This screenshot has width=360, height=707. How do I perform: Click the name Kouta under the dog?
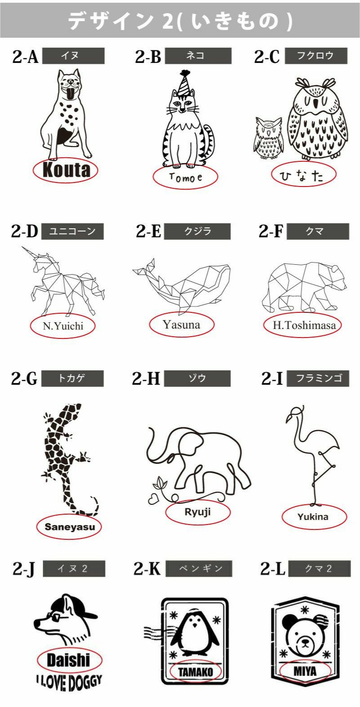[66, 170]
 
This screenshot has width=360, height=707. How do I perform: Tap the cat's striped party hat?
[183, 83]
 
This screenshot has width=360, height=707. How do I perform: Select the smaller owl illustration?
[268, 138]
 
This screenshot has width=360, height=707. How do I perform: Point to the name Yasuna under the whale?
[182, 325]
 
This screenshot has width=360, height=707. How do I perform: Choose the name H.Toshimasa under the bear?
[304, 325]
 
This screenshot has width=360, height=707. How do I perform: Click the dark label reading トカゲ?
[72, 378]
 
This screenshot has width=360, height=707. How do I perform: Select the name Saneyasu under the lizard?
[70, 527]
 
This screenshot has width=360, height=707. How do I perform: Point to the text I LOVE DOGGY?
[69, 682]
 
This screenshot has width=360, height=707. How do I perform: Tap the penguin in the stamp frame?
[195, 632]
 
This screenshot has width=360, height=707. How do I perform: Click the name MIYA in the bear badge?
[305, 671]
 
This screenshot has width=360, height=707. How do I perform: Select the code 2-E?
[148, 231]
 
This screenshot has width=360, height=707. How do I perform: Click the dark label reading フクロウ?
[316, 56]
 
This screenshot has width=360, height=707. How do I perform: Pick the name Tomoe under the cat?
[186, 178]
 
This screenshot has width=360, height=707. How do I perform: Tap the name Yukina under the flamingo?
[313, 517]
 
